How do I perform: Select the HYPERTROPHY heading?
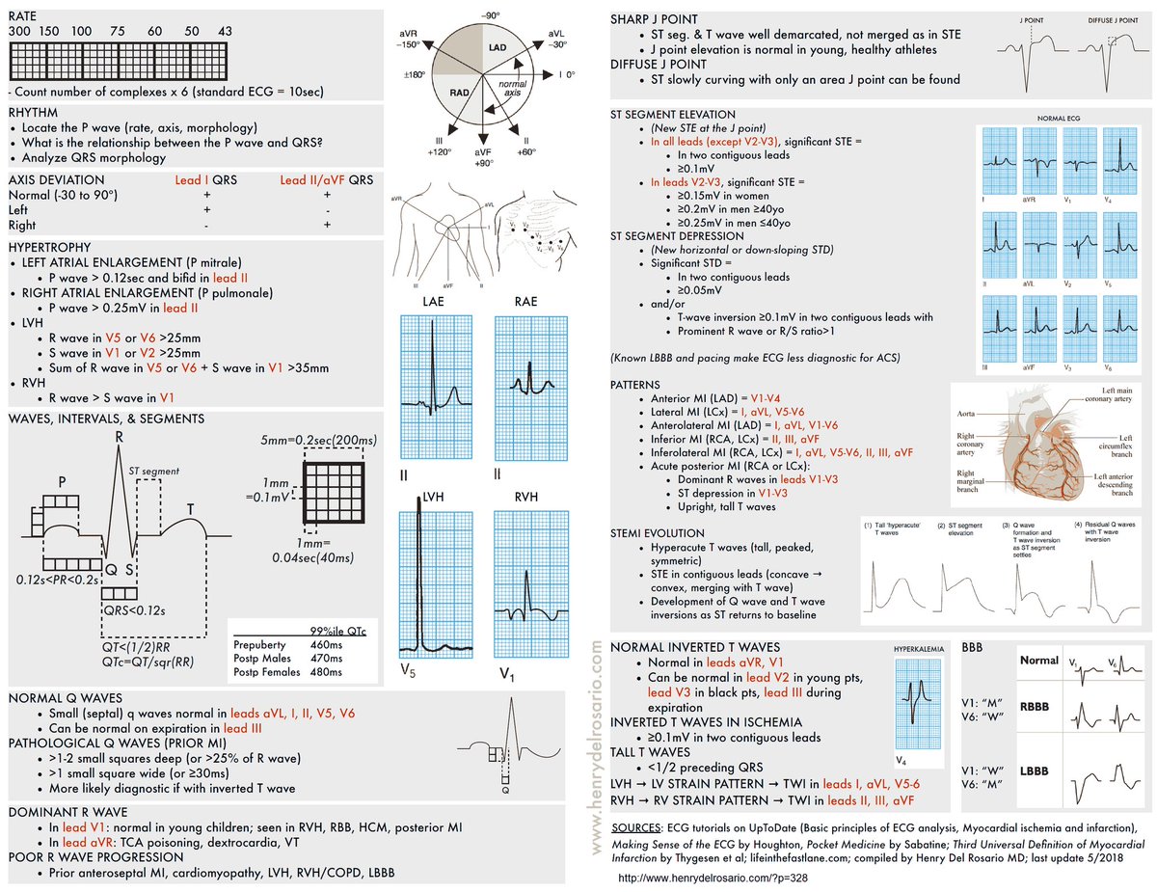[x=47, y=248]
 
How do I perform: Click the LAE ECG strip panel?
[x=432, y=386]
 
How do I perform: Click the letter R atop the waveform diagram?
[x=120, y=436]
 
